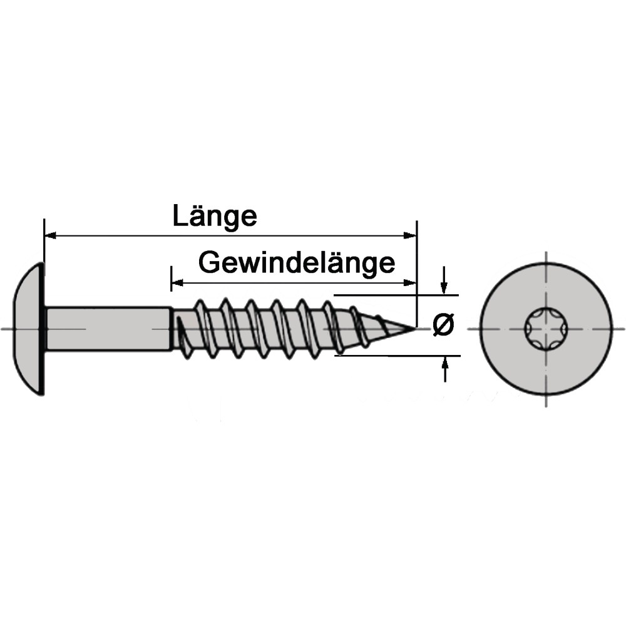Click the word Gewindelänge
pos(297,264)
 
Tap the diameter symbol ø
pos(444,324)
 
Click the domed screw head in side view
pos(29,329)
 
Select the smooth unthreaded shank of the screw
pos(108,329)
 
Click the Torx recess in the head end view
pos(546,329)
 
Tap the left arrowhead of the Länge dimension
pos(50,235)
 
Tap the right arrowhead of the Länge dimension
pos(410,235)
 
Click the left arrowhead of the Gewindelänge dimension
pos(177,283)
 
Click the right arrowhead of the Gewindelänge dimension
pos(410,283)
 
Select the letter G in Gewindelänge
pos(209,262)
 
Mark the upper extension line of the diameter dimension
pos(396,295)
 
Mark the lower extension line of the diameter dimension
pos(398,356)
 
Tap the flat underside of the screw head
pos(43,329)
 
